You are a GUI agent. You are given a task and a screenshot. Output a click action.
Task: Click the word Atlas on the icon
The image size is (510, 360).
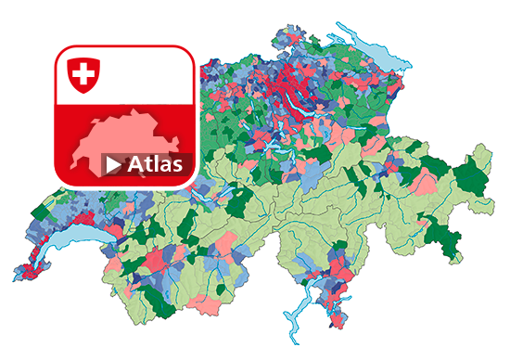click(x=155, y=165)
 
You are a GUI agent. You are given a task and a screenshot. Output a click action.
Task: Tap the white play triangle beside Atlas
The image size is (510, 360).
click(x=113, y=165)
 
